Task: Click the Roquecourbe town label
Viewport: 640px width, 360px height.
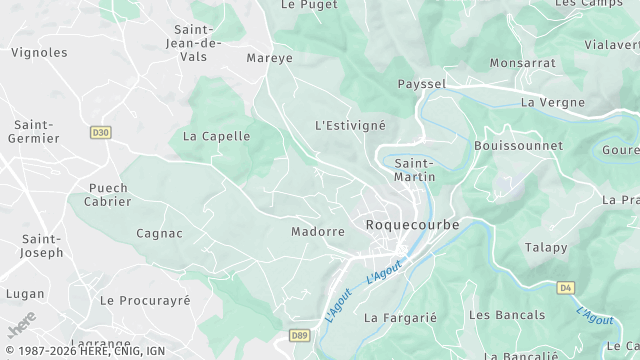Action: [412, 225]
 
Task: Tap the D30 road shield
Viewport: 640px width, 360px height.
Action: [100, 131]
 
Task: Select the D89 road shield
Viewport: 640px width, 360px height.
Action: [299, 335]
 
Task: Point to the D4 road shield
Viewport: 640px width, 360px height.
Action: [566, 287]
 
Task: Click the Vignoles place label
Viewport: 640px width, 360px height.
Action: [39, 52]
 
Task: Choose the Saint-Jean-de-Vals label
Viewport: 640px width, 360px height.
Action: [197, 43]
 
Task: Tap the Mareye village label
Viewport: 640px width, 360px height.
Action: [270, 58]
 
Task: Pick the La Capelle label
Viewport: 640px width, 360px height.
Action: [217, 136]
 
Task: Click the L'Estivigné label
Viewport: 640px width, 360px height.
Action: [350, 126]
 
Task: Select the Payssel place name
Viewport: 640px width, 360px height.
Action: [421, 84]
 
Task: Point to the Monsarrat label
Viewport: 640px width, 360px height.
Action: [522, 62]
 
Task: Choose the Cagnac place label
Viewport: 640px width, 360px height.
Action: [159, 233]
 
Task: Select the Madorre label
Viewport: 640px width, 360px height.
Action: [318, 231]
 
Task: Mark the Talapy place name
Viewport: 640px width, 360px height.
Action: [546, 247]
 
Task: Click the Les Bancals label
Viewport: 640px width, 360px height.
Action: [507, 315]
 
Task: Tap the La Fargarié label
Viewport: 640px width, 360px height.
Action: [401, 318]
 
